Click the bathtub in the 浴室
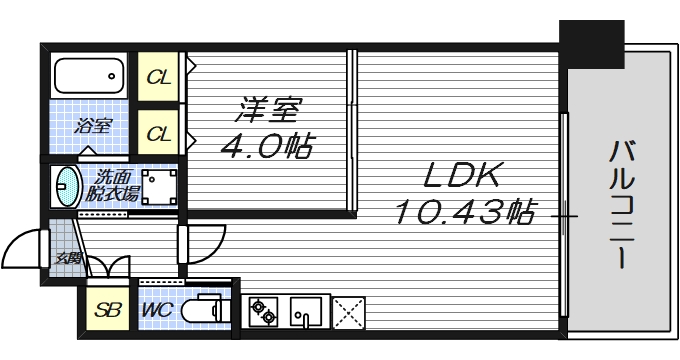click(88, 75)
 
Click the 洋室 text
click(267, 108)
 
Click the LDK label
click(461, 178)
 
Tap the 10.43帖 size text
click(462, 212)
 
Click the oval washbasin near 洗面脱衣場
click(67, 186)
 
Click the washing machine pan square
click(159, 187)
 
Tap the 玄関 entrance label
click(69, 257)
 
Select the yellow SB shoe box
click(107, 311)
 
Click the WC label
click(157, 311)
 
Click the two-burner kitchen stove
click(263, 311)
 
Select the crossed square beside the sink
click(349, 311)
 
